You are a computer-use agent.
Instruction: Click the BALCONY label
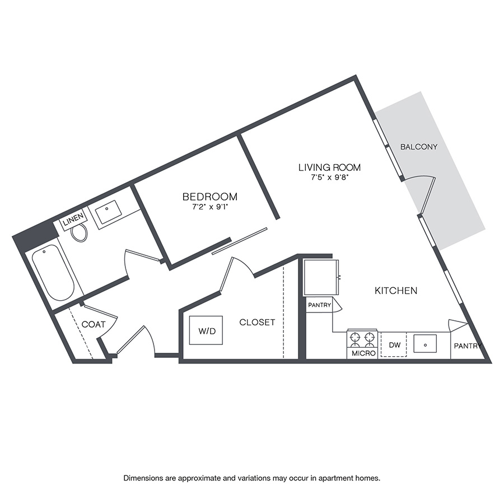pyautogui.click(x=418, y=147)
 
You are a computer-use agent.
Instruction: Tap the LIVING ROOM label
pyautogui.click(x=329, y=167)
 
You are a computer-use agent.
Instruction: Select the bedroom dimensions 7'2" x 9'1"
pyautogui.click(x=209, y=207)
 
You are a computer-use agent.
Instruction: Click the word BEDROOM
pyautogui.click(x=209, y=197)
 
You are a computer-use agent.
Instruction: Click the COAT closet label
pyautogui.click(x=94, y=324)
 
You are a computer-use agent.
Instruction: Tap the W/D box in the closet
pyautogui.click(x=206, y=330)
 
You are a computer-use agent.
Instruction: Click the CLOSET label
pyautogui.click(x=257, y=322)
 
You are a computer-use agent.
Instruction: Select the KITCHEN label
pyautogui.click(x=396, y=291)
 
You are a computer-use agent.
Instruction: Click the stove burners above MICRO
pyautogui.click(x=362, y=338)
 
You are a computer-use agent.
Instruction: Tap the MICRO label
pyautogui.click(x=363, y=353)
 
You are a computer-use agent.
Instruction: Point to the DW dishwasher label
pyautogui.click(x=395, y=345)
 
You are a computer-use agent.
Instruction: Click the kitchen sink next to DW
pyautogui.click(x=425, y=343)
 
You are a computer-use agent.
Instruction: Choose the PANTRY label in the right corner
pyautogui.click(x=468, y=346)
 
